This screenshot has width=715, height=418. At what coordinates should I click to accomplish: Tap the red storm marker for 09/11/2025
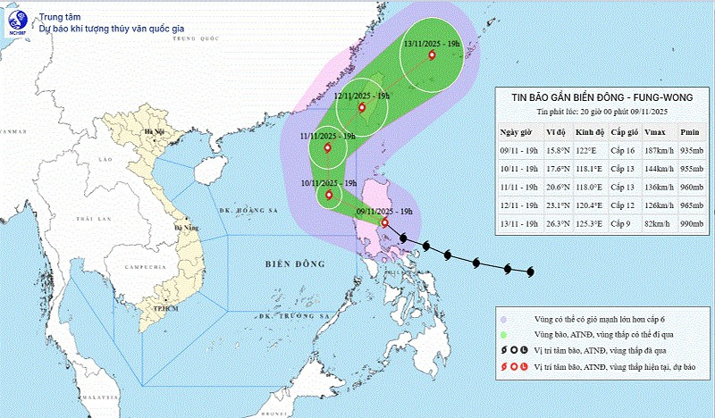pyautogui.click(x=384, y=222)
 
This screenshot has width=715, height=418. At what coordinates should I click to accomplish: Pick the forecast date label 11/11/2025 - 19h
pyautogui.click(x=328, y=136)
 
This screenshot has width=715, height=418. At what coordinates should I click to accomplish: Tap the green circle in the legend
pyautogui.click(x=506, y=332)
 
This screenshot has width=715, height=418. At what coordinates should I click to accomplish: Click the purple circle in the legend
pyautogui.click(x=506, y=317)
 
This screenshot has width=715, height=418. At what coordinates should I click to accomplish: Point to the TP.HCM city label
pyautogui.click(x=161, y=308)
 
